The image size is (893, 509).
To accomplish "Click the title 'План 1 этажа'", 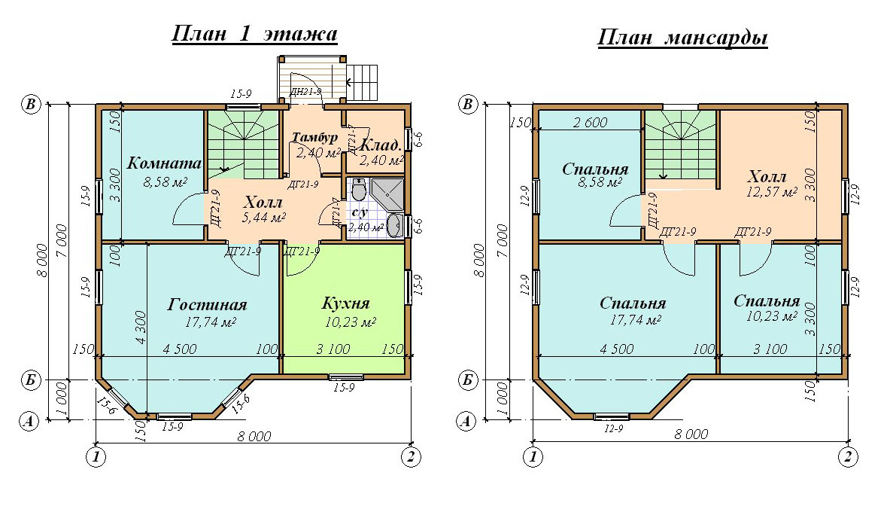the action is point(254,34).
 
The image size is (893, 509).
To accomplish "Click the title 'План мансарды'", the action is point(682,38).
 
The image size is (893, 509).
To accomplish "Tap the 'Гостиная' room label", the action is point(208,304).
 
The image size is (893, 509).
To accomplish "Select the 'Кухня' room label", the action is point(346,303).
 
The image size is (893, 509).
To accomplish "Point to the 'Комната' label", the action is point(164,163).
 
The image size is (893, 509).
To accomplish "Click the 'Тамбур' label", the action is point(315,137).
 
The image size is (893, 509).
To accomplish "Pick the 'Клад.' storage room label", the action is point(381,145).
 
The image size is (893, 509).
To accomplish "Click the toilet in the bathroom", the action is point(358,189).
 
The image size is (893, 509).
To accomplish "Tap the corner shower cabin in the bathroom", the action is point(387,194).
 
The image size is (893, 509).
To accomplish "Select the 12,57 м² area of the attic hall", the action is point(772,192).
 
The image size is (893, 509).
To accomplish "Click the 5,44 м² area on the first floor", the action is point(263,217).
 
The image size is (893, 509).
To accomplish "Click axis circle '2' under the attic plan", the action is point(848,456).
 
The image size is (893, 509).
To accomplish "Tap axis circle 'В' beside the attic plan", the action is point(468,105).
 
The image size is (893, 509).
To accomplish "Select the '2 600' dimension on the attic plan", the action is point(590,122).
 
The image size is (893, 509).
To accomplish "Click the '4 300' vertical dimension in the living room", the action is point(141,327).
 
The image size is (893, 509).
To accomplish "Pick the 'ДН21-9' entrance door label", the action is point(306,91).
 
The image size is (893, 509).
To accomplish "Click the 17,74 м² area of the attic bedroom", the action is point(635,320).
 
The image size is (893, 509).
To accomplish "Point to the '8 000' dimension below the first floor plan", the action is point(254,437).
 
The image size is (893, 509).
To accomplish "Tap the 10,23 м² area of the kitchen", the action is point(351,322).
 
